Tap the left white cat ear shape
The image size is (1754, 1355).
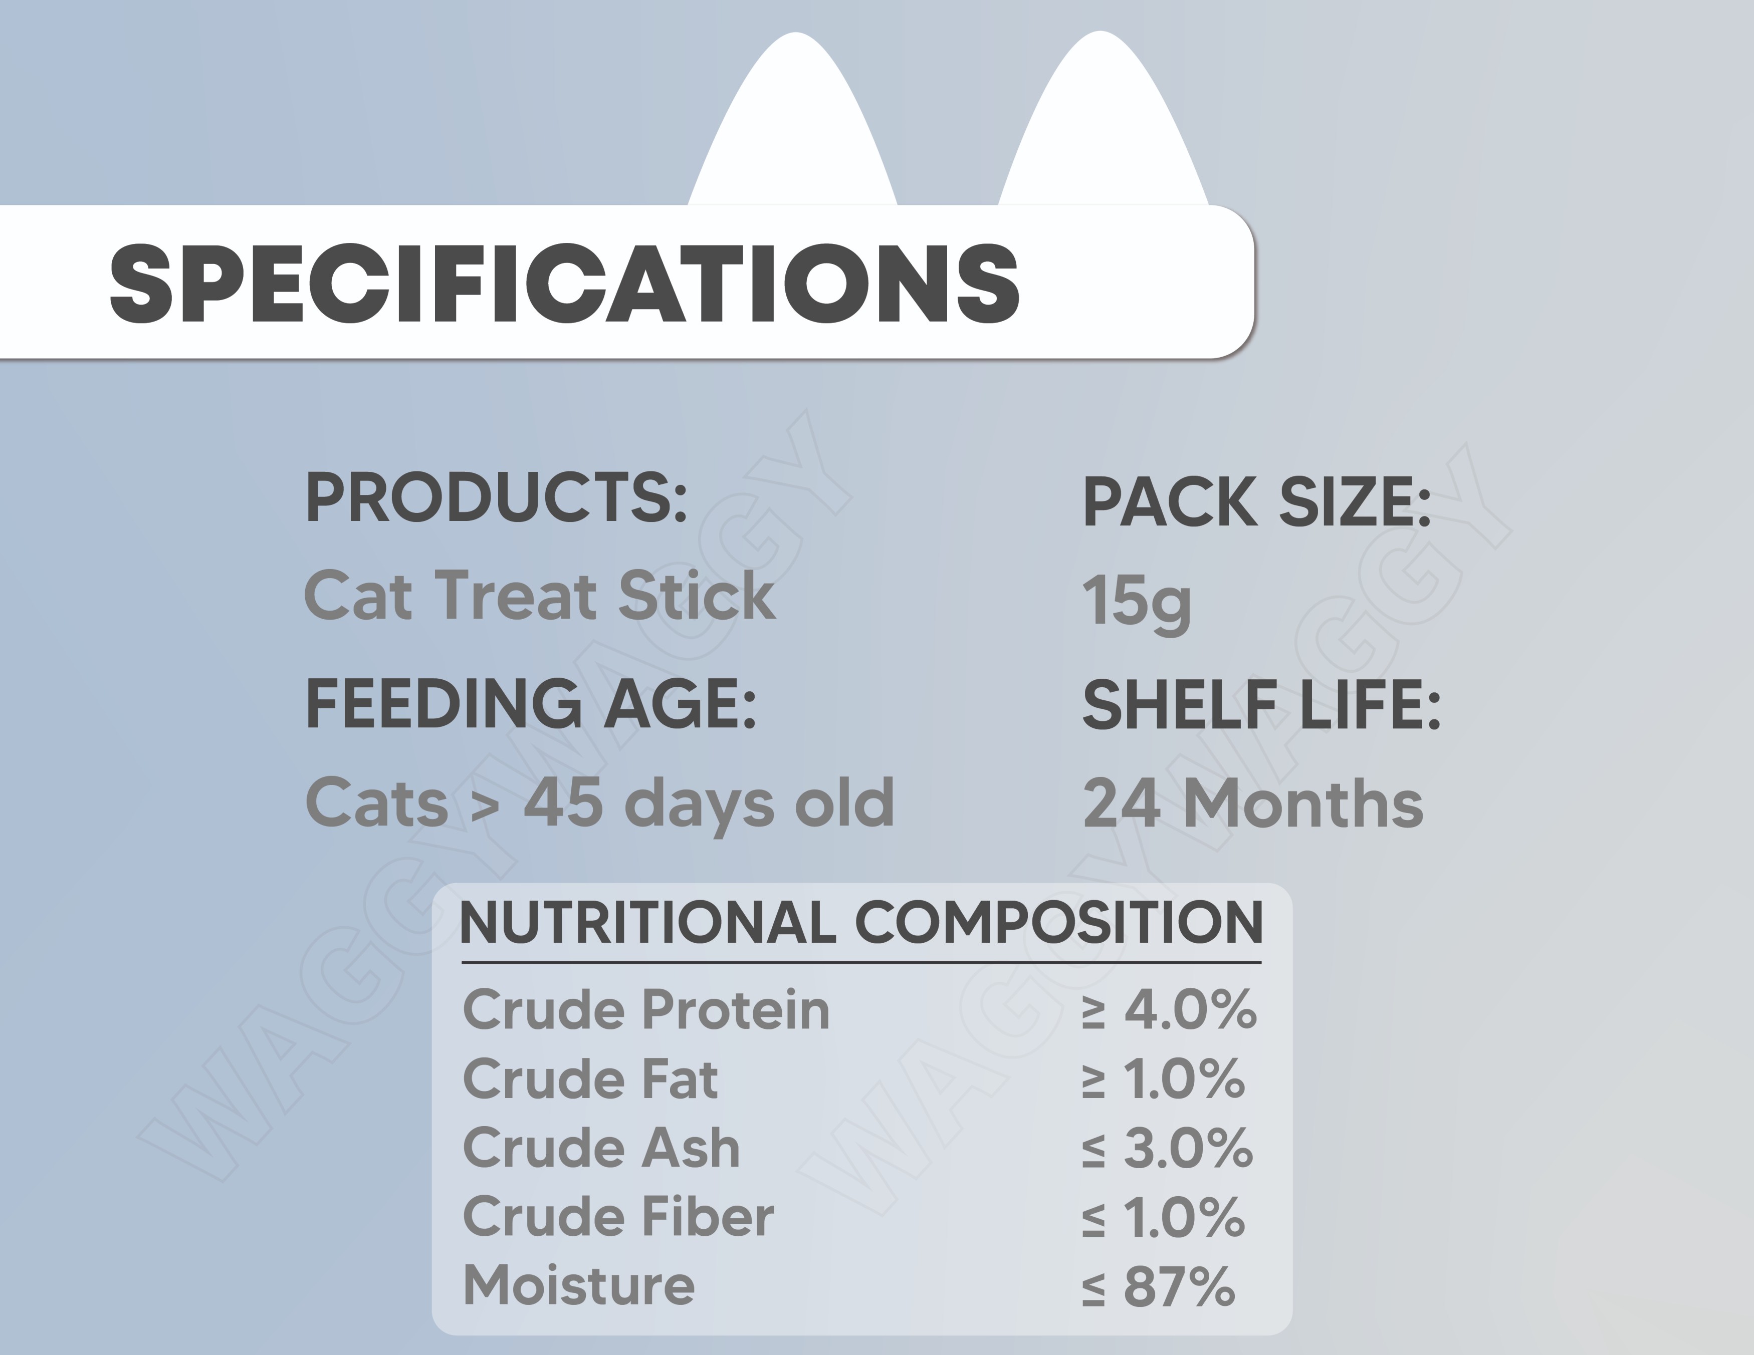point(793,120)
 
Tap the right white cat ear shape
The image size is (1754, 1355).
point(1103,120)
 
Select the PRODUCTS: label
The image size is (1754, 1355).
point(496,498)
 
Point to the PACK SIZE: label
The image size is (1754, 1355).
point(1257,502)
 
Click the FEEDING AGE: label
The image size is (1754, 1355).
point(531,703)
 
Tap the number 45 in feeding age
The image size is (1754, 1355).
point(563,802)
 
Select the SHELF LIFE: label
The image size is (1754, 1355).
point(1262,705)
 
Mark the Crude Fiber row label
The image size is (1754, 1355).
point(618,1216)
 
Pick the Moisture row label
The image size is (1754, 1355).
point(579,1285)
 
